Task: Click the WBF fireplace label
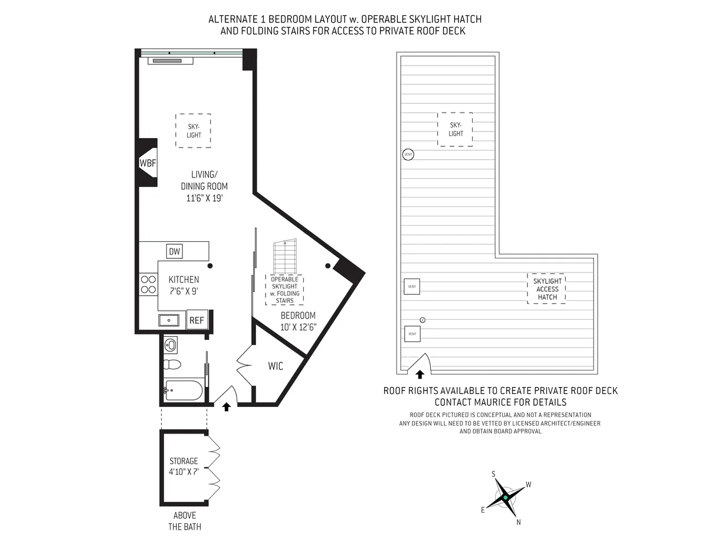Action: click(x=147, y=163)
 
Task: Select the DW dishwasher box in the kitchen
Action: click(x=174, y=251)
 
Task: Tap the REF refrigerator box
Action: click(x=196, y=320)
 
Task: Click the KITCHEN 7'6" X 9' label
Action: click(x=183, y=284)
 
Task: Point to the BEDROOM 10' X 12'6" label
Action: click(x=298, y=320)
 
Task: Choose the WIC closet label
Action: click(x=275, y=366)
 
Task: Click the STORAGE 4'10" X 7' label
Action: click(x=183, y=466)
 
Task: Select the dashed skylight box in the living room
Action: click(x=193, y=131)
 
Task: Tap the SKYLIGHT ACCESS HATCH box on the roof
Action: click(x=547, y=288)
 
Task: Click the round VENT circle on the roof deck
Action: click(x=408, y=155)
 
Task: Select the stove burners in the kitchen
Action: click(x=147, y=284)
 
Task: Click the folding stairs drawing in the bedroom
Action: click(x=284, y=257)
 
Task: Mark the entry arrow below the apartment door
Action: click(x=226, y=406)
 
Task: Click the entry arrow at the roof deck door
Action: click(x=420, y=374)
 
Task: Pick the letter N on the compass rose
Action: click(x=519, y=522)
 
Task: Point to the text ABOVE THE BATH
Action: click(x=184, y=521)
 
